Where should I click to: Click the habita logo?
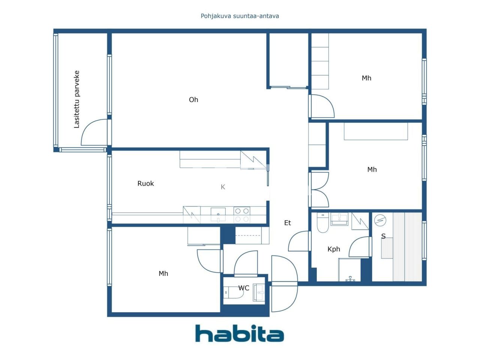(x=239, y=333)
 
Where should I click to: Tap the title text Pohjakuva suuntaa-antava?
(x=240, y=16)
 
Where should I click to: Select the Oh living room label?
(x=193, y=100)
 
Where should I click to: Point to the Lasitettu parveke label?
(x=77, y=99)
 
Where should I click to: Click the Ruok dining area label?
(x=145, y=184)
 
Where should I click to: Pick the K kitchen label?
(x=223, y=187)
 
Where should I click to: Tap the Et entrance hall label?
(x=288, y=223)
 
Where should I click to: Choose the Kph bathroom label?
(x=334, y=249)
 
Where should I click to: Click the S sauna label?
(x=383, y=236)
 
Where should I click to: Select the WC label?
(x=244, y=288)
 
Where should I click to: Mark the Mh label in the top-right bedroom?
(x=366, y=78)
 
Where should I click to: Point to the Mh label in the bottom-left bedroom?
(x=163, y=274)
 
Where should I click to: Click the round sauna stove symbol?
(x=380, y=220)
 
